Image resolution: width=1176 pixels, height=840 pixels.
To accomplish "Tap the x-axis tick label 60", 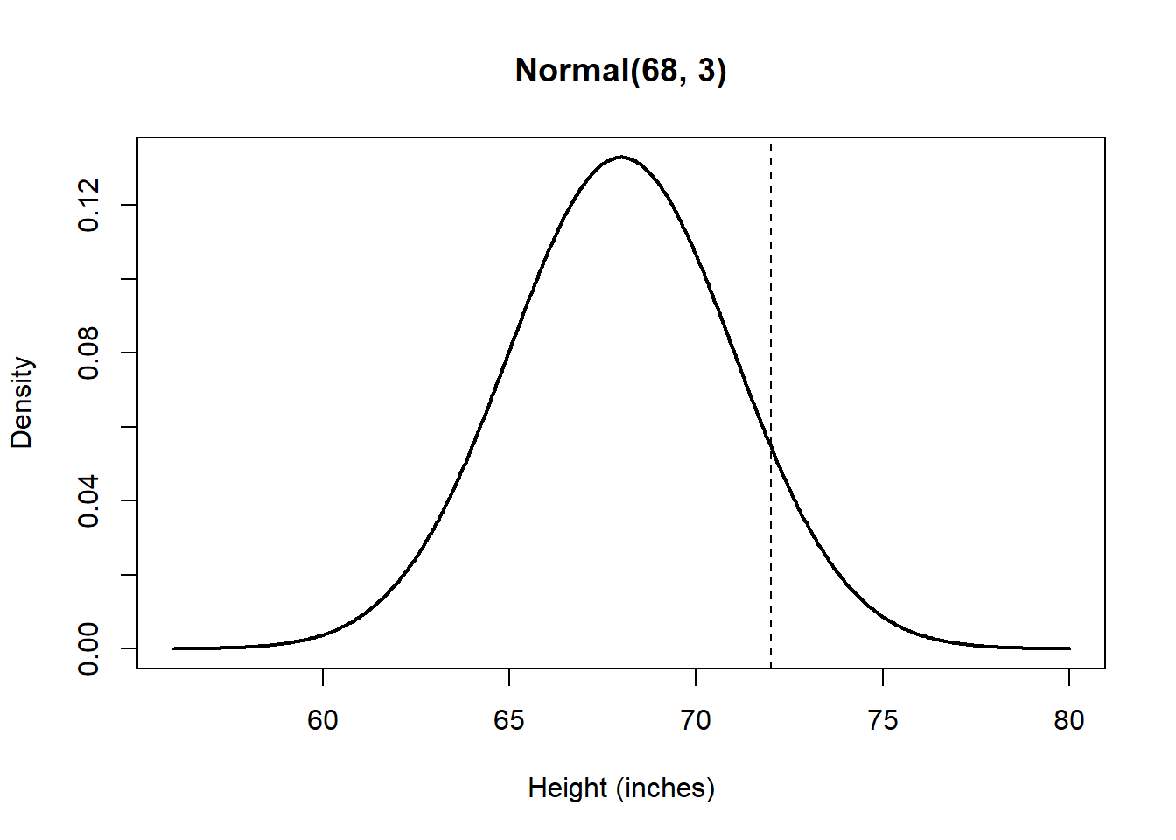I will pyautogui.click(x=322, y=720).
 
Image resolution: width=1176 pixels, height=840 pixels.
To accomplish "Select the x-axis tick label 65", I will pyautogui.click(x=509, y=720).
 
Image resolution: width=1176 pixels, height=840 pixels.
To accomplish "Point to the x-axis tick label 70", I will pyautogui.click(x=696, y=720).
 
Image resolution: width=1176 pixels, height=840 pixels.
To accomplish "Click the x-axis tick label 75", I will pyautogui.click(x=883, y=720).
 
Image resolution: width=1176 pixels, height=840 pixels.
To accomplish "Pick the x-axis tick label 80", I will pyautogui.click(x=1069, y=720).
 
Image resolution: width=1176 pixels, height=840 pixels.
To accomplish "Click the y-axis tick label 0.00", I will pyautogui.click(x=88, y=648).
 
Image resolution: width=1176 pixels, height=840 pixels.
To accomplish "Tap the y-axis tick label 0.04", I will pyautogui.click(x=88, y=500).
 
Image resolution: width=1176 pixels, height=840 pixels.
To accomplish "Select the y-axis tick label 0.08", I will pyautogui.click(x=88, y=353).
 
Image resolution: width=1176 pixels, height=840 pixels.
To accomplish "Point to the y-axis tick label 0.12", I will pyautogui.click(x=88, y=205).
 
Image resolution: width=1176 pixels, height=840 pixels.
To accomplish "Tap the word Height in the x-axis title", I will pyautogui.click(x=568, y=787).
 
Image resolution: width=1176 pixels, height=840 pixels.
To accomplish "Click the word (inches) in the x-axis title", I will pyautogui.click(x=666, y=787).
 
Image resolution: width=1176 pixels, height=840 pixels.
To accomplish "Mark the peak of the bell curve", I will pyautogui.click(x=621, y=157).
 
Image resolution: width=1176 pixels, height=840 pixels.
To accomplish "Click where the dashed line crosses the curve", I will pyautogui.click(x=771, y=444).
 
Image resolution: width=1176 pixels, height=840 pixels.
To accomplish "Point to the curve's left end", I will pyautogui.click(x=173, y=648).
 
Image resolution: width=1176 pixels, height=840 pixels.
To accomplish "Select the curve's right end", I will pyautogui.click(x=1069, y=648).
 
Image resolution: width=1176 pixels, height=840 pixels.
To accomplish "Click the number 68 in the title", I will pyautogui.click(x=658, y=70).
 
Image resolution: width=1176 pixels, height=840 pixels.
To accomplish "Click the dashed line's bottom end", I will pyautogui.click(x=771, y=667).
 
